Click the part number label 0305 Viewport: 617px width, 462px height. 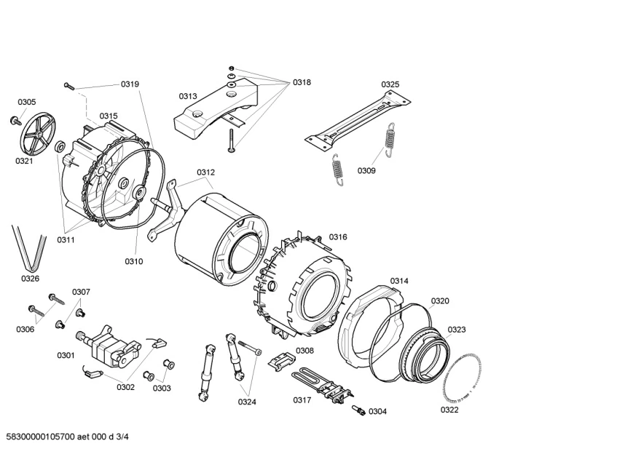(27, 102)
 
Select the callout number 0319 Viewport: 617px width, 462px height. (130, 84)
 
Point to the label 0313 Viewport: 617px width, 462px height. (188, 96)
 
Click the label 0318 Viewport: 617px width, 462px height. (302, 82)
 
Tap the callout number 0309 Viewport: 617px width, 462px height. (366, 171)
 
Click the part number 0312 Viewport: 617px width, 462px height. (205, 172)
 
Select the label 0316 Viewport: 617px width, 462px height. (338, 236)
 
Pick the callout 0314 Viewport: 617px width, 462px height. (399, 281)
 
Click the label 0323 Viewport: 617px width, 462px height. (457, 330)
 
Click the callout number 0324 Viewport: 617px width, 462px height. (247, 401)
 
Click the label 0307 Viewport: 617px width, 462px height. (81, 292)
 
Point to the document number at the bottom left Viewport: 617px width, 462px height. (67, 437)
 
